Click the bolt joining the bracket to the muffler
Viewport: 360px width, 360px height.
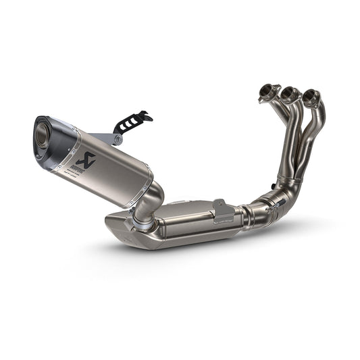[x=119, y=140]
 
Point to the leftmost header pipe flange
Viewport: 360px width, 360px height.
[x=268, y=93]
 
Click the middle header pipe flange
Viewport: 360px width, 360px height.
[x=291, y=94]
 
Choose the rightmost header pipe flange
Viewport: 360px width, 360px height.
[x=312, y=97]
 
